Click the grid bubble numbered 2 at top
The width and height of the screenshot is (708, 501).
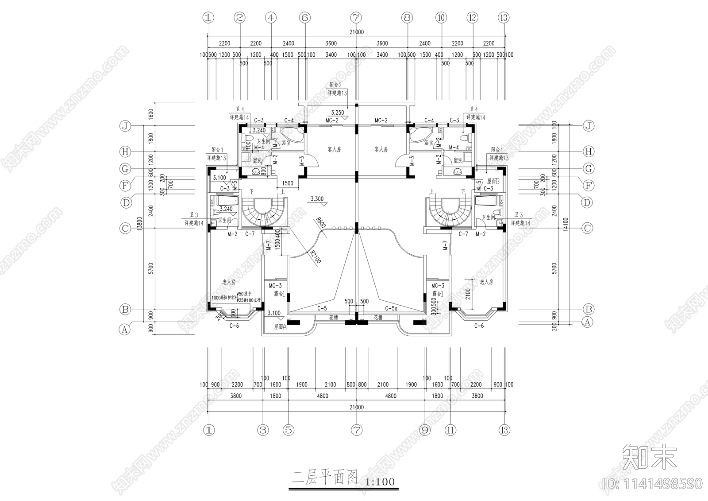click(x=240, y=18)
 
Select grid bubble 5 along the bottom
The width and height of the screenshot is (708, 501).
click(x=288, y=430)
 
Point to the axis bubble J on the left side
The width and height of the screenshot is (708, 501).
click(x=126, y=126)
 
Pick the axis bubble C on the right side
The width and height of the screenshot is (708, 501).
click(x=587, y=228)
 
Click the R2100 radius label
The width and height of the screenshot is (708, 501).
click(x=315, y=257)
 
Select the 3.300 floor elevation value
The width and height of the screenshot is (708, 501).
click(x=317, y=199)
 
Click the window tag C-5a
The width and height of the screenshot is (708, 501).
click(x=391, y=308)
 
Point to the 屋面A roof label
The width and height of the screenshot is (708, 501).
click(x=281, y=327)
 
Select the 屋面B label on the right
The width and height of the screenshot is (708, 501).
click(x=493, y=181)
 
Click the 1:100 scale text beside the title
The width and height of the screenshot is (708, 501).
click(x=381, y=482)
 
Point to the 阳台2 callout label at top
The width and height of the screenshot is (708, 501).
click(x=335, y=84)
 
